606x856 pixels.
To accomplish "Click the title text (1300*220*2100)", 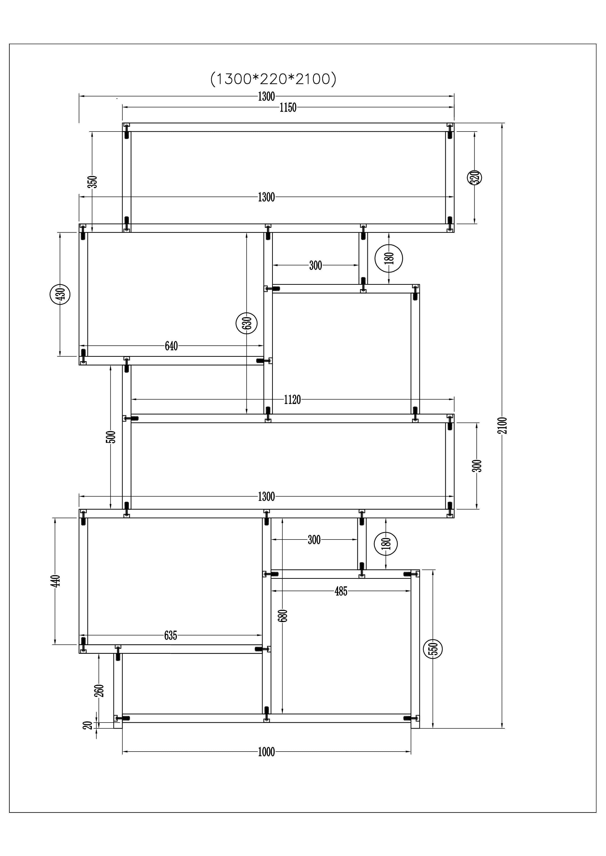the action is (273, 79).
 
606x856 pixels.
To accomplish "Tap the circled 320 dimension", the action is (474, 177).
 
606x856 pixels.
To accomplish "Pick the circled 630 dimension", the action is (247, 323).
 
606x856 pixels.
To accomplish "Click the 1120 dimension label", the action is (292, 400).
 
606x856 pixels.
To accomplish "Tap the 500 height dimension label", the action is (111, 437).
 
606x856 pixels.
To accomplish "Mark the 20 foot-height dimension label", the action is (88, 725).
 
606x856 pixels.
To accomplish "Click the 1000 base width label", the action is (266, 752).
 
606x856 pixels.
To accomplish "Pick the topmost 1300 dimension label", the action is (266, 97).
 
